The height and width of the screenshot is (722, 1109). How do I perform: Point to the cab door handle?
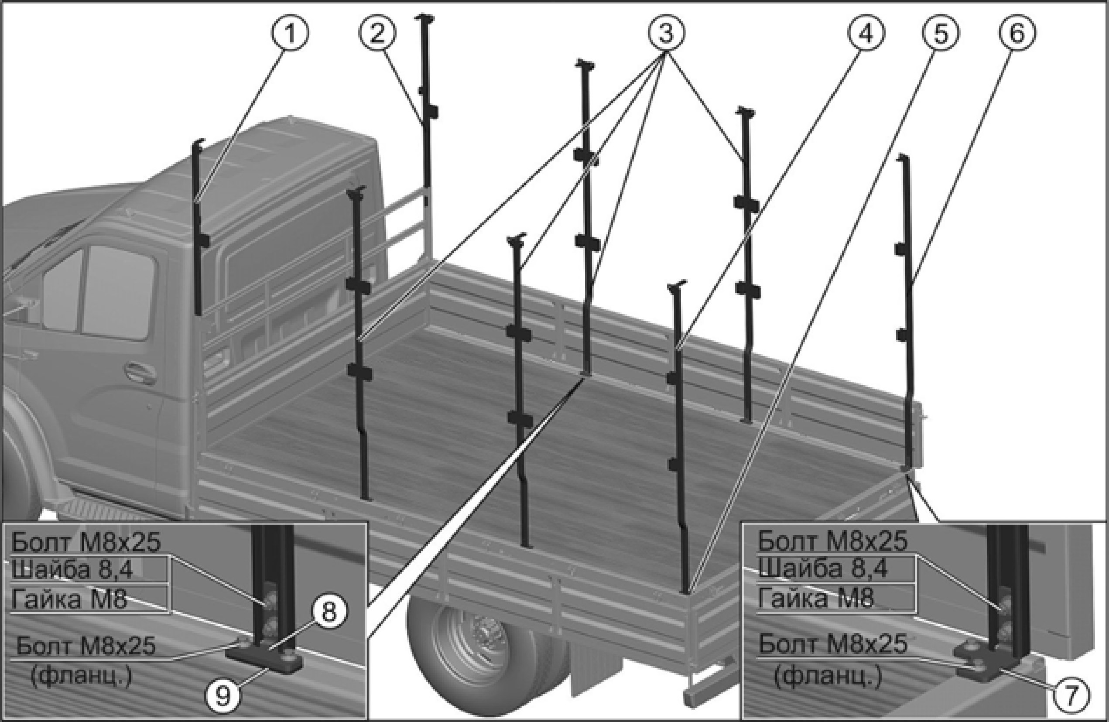pyautogui.click(x=139, y=371)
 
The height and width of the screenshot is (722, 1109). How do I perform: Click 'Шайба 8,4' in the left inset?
pyautogui.click(x=72, y=569)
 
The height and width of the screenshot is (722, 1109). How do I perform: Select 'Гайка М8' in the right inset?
pyautogui.click(x=815, y=598)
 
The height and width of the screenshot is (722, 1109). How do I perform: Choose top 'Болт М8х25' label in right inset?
pyautogui.click(x=833, y=541)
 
